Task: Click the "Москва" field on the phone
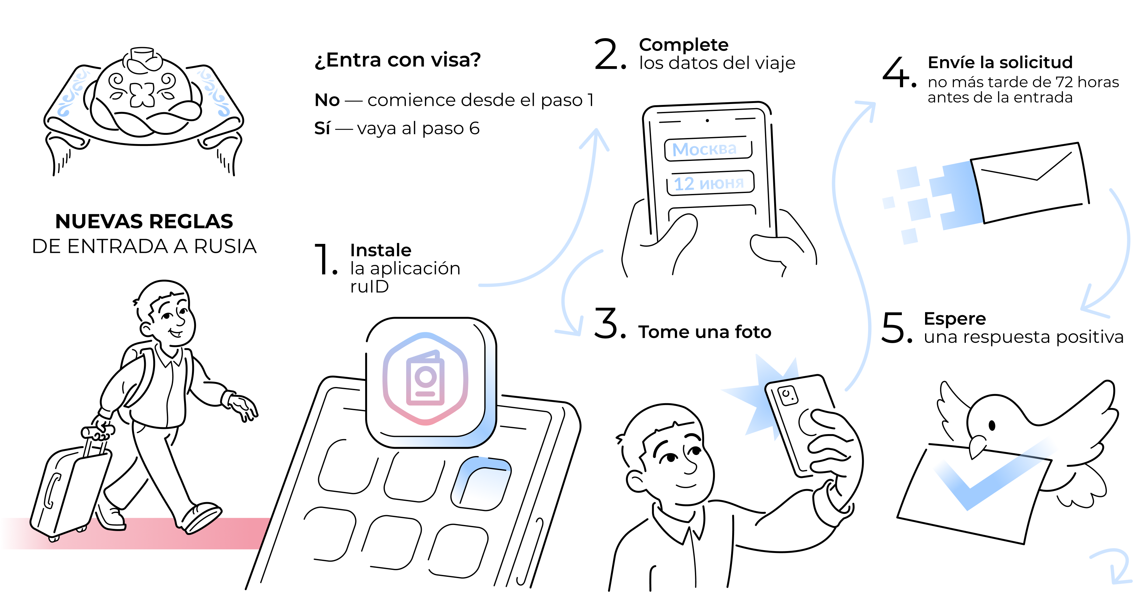(708, 149)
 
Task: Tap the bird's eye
(992, 425)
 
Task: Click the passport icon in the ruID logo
(425, 378)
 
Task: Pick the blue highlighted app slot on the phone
(481, 484)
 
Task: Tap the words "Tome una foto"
(705, 332)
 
